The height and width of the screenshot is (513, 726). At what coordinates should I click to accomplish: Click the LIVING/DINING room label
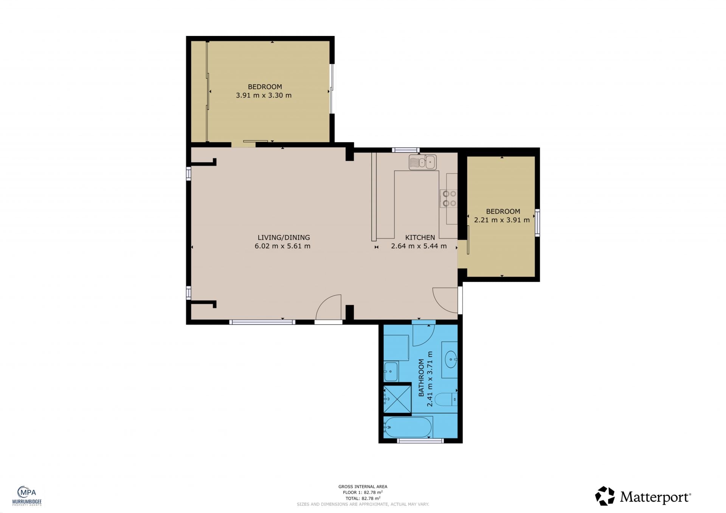click(284, 237)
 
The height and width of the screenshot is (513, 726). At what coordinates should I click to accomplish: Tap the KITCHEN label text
click(420, 237)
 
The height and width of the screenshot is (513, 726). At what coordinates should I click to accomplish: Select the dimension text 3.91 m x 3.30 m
click(264, 95)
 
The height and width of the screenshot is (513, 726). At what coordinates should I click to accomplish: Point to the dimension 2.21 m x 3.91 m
click(502, 220)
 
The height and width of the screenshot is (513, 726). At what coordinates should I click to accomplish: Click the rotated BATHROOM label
click(421, 378)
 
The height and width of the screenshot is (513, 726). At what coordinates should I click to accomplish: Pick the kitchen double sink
click(423, 162)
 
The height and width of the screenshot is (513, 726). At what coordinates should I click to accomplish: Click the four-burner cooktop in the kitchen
click(449, 198)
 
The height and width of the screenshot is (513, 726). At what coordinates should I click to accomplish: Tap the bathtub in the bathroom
click(408, 427)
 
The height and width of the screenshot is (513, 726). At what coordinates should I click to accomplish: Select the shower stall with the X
click(397, 398)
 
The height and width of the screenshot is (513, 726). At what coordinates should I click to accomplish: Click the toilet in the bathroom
click(446, 399)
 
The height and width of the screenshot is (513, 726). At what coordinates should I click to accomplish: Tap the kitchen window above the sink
click(406, 150)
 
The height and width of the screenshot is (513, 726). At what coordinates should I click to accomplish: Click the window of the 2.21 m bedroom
click(537, 223)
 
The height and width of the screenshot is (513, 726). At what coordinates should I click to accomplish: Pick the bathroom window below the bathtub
click(420, 440)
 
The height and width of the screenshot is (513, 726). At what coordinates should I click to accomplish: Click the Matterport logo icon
click(605, 496)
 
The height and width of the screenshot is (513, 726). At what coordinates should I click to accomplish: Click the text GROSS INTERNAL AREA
click(363, 487)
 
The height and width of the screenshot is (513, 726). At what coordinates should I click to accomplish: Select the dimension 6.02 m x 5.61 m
click(282, 246)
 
